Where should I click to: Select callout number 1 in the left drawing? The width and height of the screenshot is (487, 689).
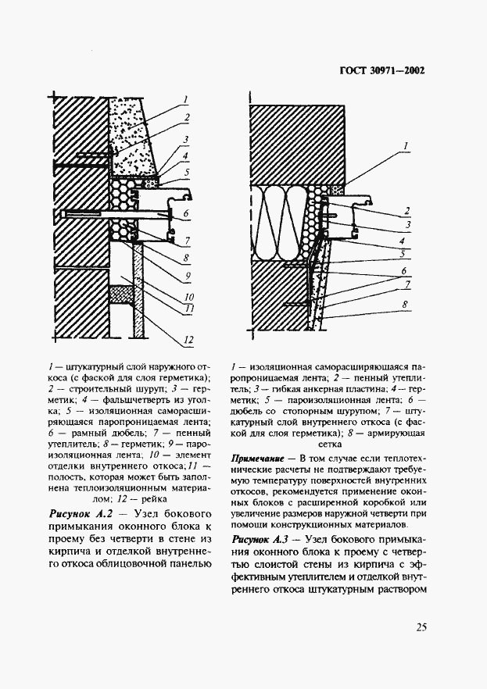coord(186,99)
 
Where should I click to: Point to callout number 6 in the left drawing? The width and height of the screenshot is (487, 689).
coord(187,212)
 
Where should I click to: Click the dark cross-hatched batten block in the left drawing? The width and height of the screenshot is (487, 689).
coord(120,295)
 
